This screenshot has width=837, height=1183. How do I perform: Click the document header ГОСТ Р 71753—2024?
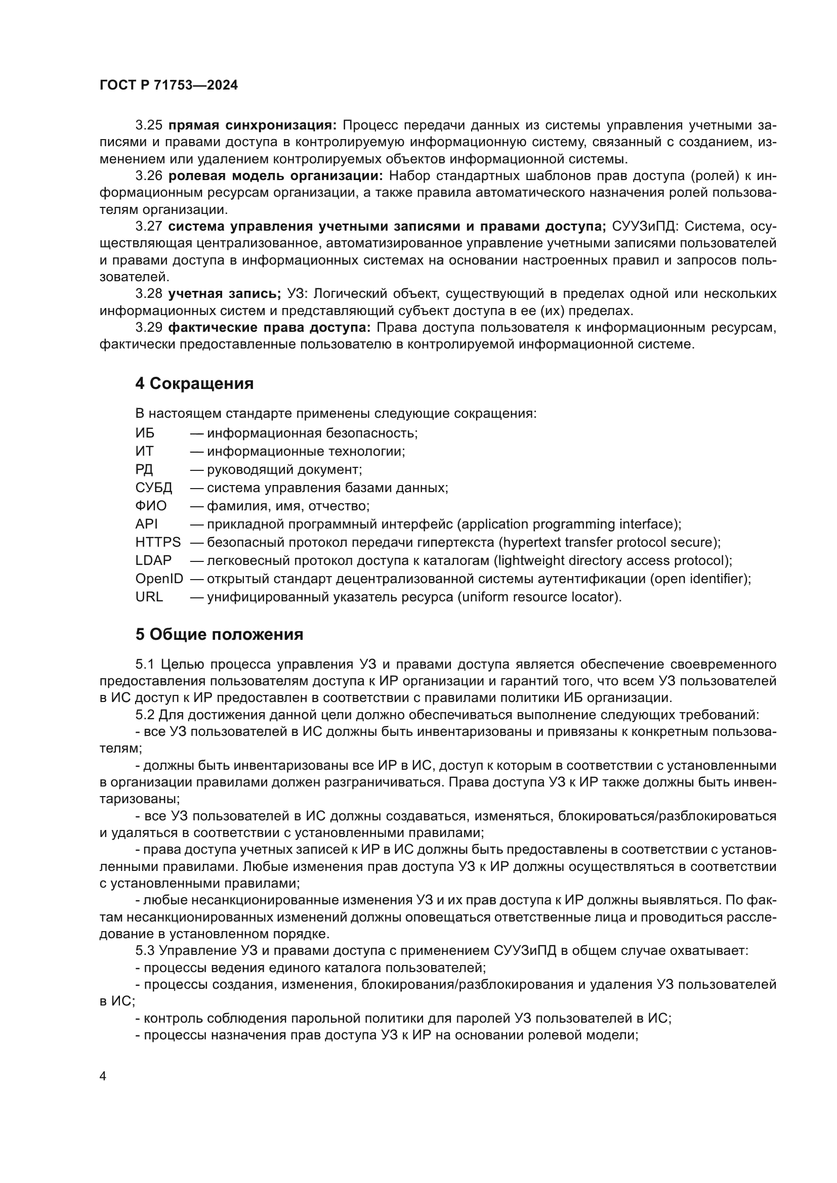tap(169, 85)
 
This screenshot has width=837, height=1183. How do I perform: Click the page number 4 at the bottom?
tap(103, 1076)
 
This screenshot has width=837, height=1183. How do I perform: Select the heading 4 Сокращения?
tap(194, 383)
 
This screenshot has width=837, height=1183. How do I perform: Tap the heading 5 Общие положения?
tap(219, 634)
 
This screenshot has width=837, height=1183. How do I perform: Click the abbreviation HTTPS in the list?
tap(158, 542)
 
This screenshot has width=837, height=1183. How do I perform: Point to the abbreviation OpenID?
tap(159, 579)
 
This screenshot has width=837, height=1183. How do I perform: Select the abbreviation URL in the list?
tap(149, 597)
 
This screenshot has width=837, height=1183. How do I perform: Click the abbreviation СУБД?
tap(154, 488)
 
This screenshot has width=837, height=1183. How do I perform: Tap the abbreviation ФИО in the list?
tap(151, 505)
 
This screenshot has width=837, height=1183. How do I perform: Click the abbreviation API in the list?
tap(146, 524)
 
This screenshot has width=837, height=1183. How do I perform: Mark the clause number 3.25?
tap(149, 125)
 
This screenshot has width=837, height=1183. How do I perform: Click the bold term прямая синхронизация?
tap(252, 125)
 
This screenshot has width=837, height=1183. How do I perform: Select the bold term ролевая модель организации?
tap(276, 176)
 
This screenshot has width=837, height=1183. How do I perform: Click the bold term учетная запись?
tap(224, 294)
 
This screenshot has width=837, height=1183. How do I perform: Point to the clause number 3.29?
tap(149, 328)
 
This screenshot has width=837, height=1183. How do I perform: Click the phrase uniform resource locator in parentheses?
tap(537, 597)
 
